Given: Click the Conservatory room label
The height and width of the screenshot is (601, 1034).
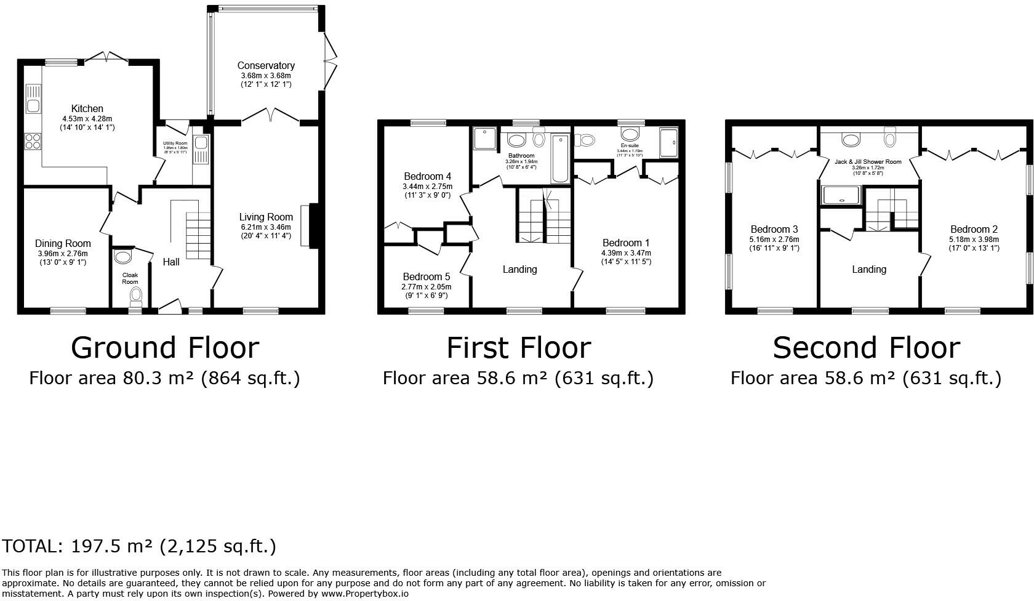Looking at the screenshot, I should pos(266,65).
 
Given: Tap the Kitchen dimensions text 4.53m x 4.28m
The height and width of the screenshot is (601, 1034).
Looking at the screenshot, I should pos(87,119).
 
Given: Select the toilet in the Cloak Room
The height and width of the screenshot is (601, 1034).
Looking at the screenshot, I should pos(135,296).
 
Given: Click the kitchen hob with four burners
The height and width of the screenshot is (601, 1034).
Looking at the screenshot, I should pos(33,142).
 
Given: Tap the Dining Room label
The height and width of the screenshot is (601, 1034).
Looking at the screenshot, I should pos(63,244).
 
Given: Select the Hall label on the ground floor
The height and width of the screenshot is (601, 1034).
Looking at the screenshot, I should pos(171,262).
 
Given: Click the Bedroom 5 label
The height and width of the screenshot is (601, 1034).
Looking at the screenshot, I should pos(426,277).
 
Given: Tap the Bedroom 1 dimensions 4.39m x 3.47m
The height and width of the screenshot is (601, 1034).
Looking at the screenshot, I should pos(626,253).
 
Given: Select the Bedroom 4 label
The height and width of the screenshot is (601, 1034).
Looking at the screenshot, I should pos(427,177).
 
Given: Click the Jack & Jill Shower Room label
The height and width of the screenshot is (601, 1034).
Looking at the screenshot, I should pos(868,162).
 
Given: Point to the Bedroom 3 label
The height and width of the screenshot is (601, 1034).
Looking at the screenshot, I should pos(774,230).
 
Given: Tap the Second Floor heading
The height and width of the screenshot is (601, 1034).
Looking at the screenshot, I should pos(866,348).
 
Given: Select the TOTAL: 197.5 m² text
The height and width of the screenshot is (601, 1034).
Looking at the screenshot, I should pos(139,546).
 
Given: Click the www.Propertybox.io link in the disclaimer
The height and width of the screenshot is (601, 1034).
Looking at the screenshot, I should pos(364,594).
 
